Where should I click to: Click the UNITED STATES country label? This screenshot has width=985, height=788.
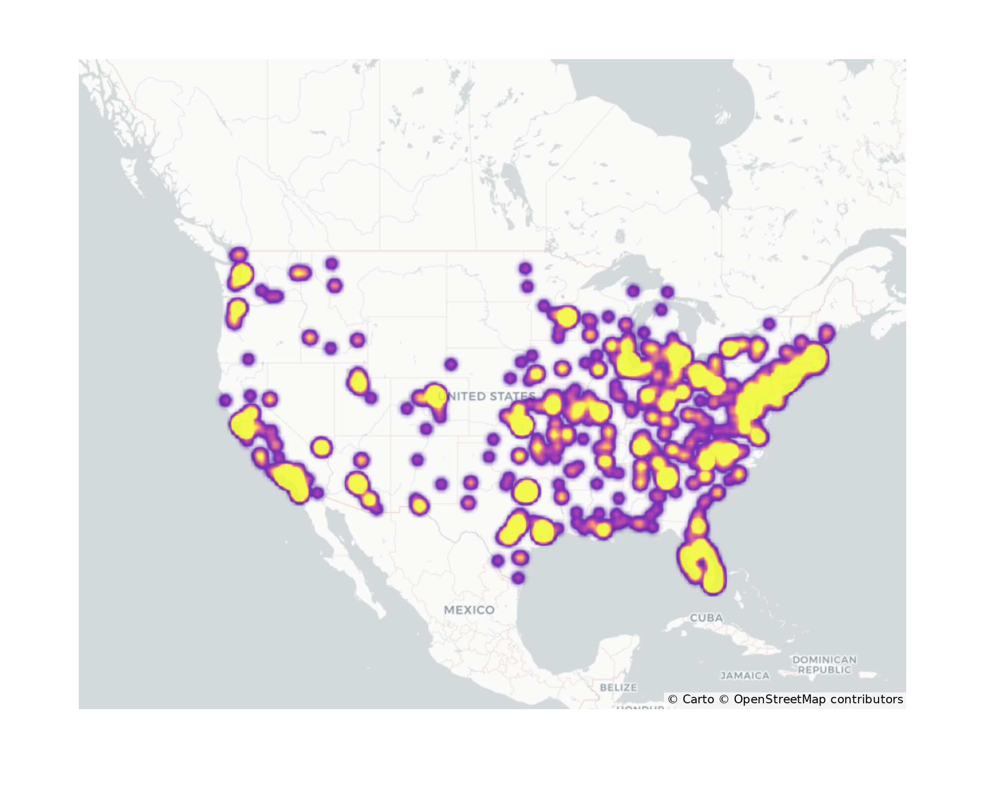[487, 396]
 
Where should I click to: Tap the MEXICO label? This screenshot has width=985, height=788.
[469, 610]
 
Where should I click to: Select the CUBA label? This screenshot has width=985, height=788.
[706, 618]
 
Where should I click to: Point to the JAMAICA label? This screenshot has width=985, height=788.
[745, 676]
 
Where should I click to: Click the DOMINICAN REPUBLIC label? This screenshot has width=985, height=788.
[824, 664]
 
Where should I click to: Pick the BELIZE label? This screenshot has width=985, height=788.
[619, 687]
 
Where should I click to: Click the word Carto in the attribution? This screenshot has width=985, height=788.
[698, 699]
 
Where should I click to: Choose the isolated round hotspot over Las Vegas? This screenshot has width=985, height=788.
[321, 447]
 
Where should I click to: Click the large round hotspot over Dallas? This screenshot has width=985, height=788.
[525, 491]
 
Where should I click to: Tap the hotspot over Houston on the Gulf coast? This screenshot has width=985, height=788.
[543, 531]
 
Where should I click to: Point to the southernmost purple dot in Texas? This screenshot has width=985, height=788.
[518, 578]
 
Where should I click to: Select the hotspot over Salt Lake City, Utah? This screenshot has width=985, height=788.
[358, 381]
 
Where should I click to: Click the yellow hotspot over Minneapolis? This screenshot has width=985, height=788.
[566, 317]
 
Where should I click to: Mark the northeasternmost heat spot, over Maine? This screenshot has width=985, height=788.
[827, 333]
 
